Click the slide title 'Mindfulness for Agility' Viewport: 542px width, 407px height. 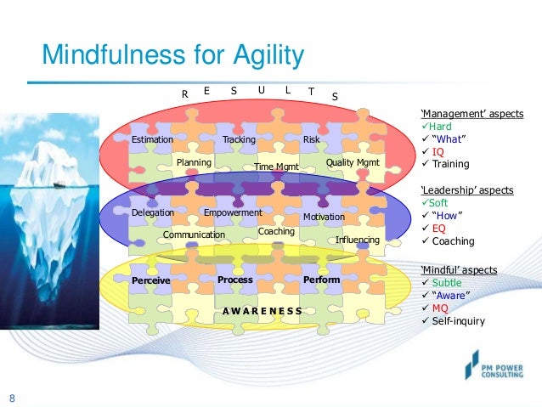tap(172, 57)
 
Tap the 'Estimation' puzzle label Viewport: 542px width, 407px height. tap(152, 139)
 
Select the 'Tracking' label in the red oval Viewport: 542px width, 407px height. tap(239, 139)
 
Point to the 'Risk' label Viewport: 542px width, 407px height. tap(311, 139)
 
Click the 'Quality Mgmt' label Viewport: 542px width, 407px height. tap(353, 161)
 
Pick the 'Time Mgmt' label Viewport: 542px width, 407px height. tap(277, 167)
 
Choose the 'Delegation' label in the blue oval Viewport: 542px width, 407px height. tap(153, 212)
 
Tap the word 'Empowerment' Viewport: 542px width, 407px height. tap(233, 212)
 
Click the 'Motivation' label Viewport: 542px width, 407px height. tap(324, 217)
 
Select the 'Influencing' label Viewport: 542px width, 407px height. tap(358, 240)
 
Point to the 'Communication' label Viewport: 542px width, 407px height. tap(194, 235)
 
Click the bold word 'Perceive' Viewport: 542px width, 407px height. tap(151, 280)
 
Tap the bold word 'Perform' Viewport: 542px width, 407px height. tap(321, 280)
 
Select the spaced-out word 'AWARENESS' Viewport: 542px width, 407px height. tap(263, 311)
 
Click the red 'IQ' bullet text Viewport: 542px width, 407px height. tap(438, 152)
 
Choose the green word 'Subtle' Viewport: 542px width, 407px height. tap(448, 282)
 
